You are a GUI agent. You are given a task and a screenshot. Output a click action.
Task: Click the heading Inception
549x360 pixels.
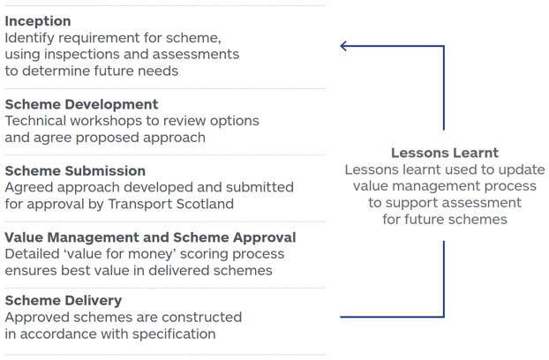tap(38, 21)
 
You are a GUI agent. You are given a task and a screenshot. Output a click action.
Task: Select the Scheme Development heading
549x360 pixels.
tap(81, 104)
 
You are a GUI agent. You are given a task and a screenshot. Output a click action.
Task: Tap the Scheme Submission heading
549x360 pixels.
tap(75, 170)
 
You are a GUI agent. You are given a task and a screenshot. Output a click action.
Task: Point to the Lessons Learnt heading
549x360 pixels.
tap(444, 153)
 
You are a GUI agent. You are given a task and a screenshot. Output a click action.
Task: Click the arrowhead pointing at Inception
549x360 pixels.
tap(345, 46)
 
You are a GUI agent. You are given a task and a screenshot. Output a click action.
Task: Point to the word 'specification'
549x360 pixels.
tap(171, 334)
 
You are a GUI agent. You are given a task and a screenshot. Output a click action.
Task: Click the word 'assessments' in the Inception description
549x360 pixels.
tap(198, 55)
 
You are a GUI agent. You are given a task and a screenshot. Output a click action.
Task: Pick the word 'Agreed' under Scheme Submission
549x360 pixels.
tap(27, 187)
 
